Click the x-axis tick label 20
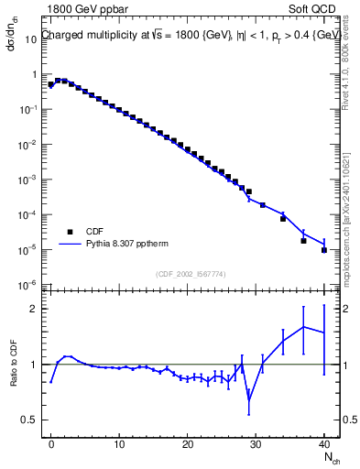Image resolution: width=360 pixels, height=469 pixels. [x=187, y=444]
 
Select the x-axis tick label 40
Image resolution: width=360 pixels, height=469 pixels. [x=324, y=444]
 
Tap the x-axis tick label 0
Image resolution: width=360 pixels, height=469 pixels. [x=51, y=444]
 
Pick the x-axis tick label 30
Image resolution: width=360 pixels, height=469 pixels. [x=256, y=444]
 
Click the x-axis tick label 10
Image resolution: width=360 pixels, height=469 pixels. [x=119, y=444]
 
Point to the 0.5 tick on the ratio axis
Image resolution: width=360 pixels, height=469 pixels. [x=30, y=420]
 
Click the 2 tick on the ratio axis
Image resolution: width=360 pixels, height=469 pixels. [x=35, y=309]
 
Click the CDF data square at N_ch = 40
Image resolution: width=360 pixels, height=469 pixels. [x=324, y=249]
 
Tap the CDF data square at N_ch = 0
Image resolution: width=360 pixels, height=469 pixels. [x=51, y=84]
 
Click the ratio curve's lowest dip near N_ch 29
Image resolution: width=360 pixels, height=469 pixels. [x=249, y=399]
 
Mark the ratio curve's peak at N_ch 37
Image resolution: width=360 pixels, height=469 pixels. [x=303, y=326]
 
